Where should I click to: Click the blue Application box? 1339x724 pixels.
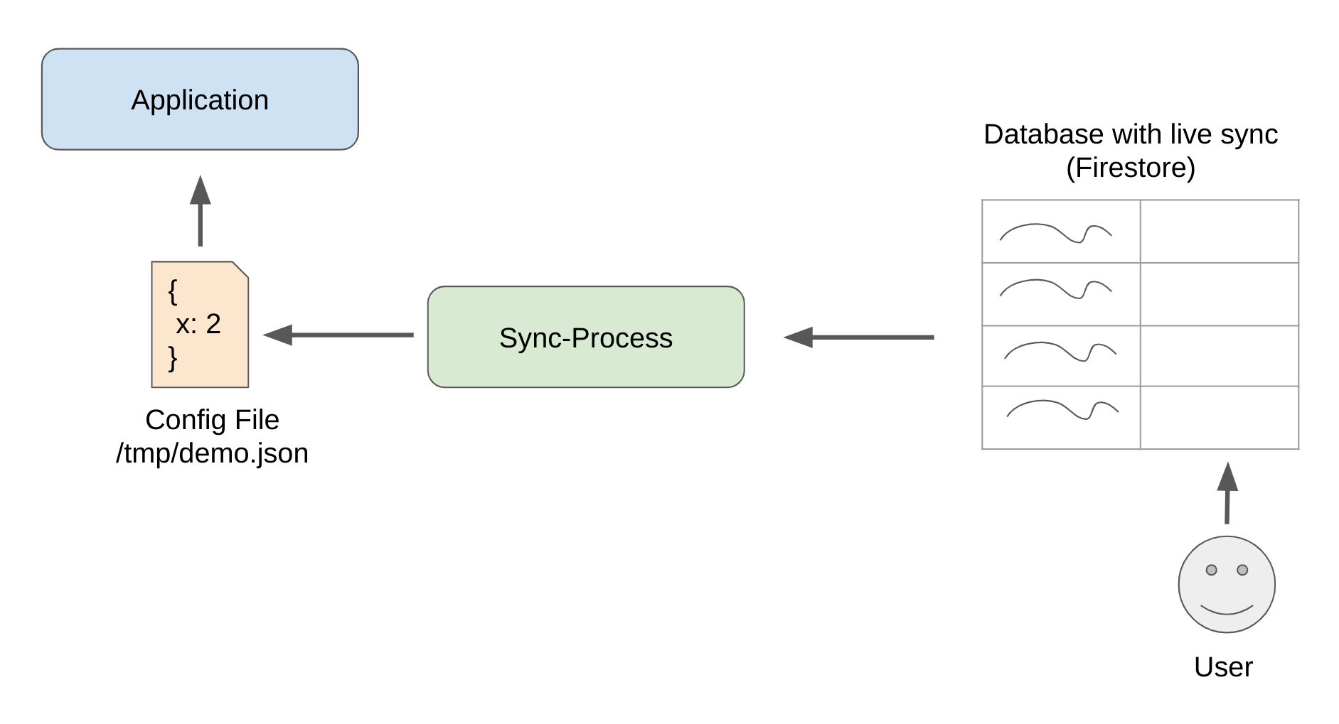(200, 99)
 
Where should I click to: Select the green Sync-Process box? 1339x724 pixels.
(586, 337)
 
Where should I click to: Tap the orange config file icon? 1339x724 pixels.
(200, 325)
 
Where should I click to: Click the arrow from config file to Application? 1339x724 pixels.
(201, 211)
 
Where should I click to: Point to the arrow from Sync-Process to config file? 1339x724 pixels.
(338, 335)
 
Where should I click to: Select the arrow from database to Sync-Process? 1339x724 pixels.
(859, 337)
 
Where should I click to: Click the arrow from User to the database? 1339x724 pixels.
(1227, 493)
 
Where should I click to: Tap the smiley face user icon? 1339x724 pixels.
(1227, 584)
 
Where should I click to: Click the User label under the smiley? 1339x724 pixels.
(1223, 667)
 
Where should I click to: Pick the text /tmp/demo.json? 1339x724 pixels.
(212, 453)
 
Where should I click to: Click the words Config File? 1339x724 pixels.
(212, 420)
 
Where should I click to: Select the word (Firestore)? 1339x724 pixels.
(1131, 168)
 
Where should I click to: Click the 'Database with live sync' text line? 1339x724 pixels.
(1131, 134)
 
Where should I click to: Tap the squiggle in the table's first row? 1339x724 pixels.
(1055, 232)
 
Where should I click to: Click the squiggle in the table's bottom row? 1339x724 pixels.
(1062, 410)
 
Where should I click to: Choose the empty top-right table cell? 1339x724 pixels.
(1220, 232)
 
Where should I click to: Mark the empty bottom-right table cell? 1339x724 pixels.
(1220, 418)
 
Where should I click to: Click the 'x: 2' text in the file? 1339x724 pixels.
(198, 324)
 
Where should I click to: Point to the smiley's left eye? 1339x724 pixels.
(1212, 570)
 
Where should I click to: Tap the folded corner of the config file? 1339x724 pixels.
(241, 270)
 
